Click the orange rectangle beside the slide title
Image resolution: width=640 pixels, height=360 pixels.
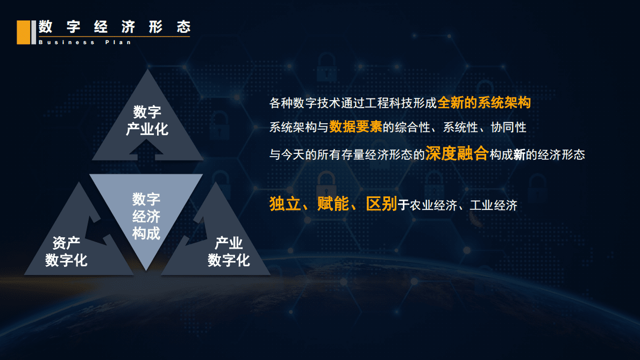23,32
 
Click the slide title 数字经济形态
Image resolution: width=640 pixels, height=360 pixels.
115,27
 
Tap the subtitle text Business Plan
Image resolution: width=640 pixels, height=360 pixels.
85,42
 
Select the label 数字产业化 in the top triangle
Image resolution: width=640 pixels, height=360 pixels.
147,121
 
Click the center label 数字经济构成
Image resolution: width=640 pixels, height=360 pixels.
146,216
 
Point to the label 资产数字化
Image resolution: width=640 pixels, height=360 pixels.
66,252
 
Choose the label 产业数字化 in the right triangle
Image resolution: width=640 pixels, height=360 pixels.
229,252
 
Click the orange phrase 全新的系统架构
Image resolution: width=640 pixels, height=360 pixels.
484,102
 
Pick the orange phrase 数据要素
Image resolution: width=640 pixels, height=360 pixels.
355,127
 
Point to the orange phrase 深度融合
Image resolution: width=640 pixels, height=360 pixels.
457,154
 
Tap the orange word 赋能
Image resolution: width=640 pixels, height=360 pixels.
333,204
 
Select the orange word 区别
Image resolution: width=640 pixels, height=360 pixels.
381,204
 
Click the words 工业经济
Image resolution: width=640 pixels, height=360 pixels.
493,205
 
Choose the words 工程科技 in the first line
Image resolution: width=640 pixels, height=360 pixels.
392,103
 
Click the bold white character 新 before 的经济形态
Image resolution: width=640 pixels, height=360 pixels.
519,155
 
